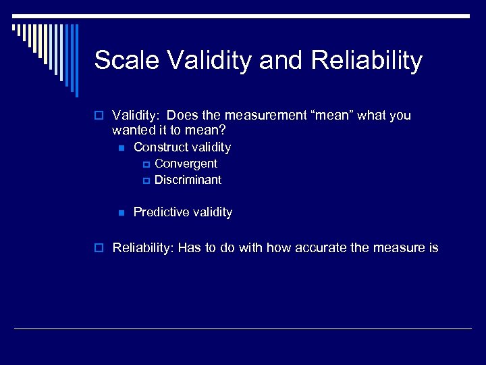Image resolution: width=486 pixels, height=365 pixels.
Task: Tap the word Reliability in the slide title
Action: click(367, 60)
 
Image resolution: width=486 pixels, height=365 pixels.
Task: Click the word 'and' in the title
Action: click(281, 60)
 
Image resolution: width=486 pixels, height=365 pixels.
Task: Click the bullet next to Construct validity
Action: click(121, 147)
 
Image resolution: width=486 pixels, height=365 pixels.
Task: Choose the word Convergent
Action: click(186, 164)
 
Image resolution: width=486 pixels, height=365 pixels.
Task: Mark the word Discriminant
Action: click(188, 180)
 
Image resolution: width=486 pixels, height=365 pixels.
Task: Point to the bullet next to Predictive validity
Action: click(121, 213)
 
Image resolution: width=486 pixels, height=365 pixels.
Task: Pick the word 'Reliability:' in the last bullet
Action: click(143, 248)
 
